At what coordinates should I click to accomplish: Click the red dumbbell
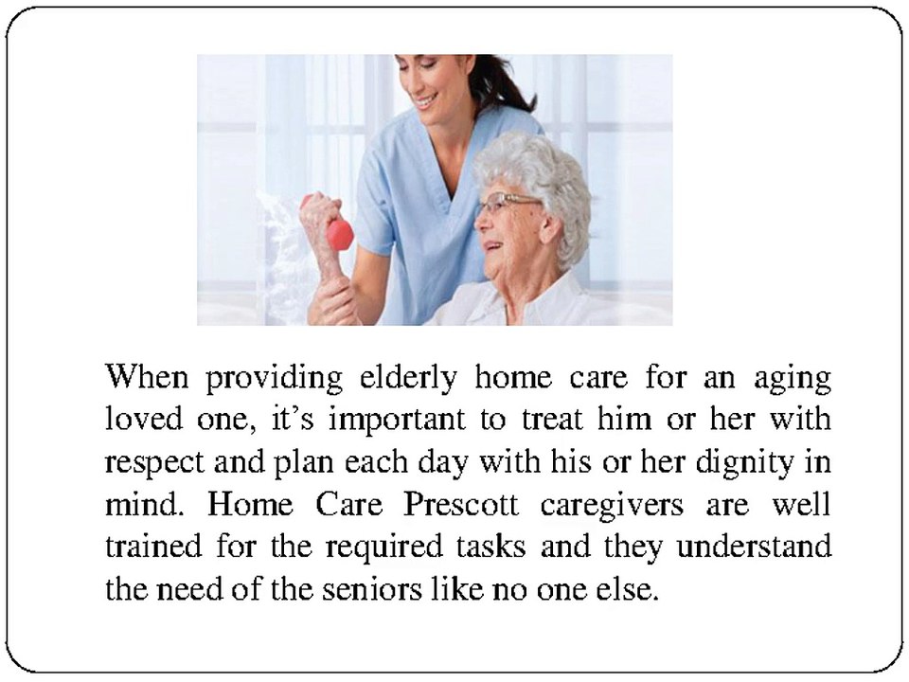coord(333,227)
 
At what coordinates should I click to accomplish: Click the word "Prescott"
coord(461,504)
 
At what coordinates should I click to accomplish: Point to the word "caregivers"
coord(611,506)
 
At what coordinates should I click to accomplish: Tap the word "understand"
coord(754,547)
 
